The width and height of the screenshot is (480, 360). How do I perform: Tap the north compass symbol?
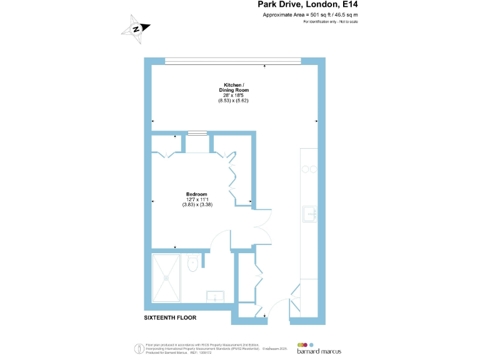tap(136, 29)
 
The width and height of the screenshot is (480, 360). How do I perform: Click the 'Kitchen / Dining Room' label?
tap(234, 87)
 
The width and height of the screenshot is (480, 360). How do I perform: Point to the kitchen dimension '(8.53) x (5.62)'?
tap(234, 101)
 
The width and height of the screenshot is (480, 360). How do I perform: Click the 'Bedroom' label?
tap(197, 194)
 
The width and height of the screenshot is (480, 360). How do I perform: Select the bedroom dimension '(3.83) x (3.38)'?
tap(197, 204)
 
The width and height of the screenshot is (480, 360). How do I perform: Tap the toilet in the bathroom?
tap(193, 263)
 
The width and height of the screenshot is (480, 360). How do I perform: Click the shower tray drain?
tap(167, 277)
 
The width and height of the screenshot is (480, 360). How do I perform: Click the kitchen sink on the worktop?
tap(311, 214)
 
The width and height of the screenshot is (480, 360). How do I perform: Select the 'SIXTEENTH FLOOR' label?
tap(170, 317)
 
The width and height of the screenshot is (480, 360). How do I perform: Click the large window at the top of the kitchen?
tap(233, 61)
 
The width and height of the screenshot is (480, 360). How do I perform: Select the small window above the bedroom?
tap(197, 132)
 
